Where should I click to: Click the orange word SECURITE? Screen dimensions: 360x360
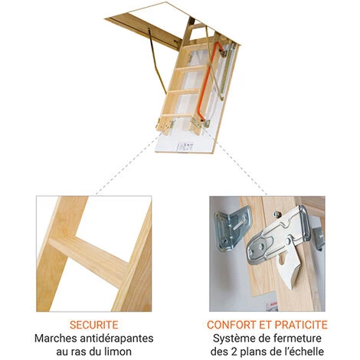[94, 325]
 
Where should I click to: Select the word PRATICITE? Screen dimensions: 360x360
[301, 325]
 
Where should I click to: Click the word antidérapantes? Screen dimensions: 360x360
[116, 339]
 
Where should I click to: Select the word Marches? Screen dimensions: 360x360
[56, 339]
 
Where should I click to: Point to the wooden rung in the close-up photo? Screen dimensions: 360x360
[90, 260]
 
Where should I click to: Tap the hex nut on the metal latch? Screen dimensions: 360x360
[277, 214]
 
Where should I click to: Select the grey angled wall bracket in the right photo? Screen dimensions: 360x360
[231, 227]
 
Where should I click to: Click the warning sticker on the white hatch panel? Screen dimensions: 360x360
[185, 146]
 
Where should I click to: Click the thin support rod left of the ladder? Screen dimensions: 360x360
[156, 61]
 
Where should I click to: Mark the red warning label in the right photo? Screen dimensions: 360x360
[271, 306]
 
